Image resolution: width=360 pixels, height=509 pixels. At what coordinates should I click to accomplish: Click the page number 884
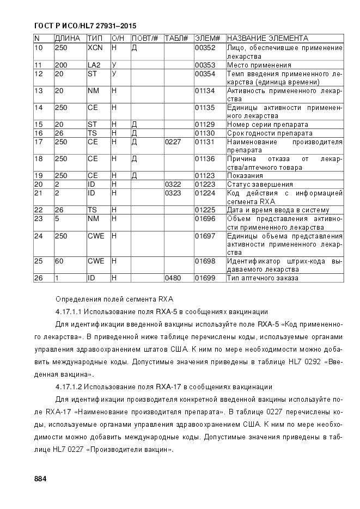40,479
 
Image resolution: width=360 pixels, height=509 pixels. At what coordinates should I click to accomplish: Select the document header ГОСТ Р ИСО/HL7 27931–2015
85,26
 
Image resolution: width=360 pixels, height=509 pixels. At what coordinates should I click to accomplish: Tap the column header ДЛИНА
68,39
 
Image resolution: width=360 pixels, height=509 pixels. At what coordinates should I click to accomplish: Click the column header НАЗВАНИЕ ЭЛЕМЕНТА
267,39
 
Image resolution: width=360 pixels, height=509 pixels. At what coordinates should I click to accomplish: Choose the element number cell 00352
205,48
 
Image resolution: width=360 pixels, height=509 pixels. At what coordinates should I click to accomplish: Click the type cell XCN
95,48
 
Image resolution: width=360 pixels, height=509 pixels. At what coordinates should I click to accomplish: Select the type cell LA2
94,65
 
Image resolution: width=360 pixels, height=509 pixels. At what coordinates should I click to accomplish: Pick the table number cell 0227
173,142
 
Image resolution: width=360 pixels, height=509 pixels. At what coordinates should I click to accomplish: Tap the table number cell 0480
173,278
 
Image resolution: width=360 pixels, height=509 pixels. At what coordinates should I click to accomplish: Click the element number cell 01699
205,278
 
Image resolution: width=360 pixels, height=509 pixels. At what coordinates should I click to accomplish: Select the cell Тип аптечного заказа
263,278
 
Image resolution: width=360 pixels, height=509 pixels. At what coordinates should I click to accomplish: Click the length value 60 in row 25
59,261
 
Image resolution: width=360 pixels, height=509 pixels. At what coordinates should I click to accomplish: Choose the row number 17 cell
39,142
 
